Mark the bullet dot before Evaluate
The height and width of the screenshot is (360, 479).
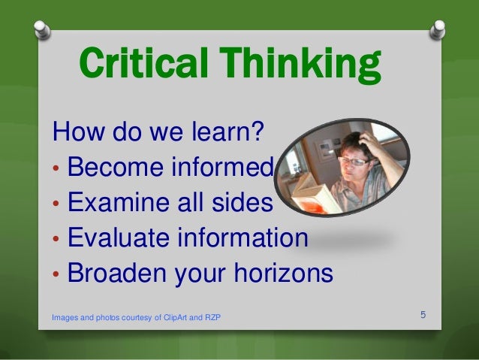[x=56, y=241]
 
